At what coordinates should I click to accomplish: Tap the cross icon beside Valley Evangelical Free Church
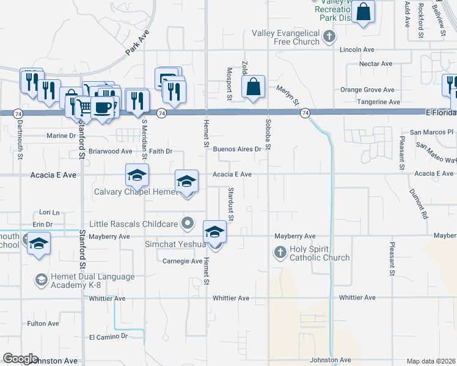329,37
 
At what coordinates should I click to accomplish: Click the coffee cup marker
103,107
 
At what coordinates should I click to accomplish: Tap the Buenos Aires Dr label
241,149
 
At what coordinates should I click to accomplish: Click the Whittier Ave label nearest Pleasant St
360,298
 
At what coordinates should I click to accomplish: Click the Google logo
20,359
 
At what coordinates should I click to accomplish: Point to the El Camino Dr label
108,336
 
